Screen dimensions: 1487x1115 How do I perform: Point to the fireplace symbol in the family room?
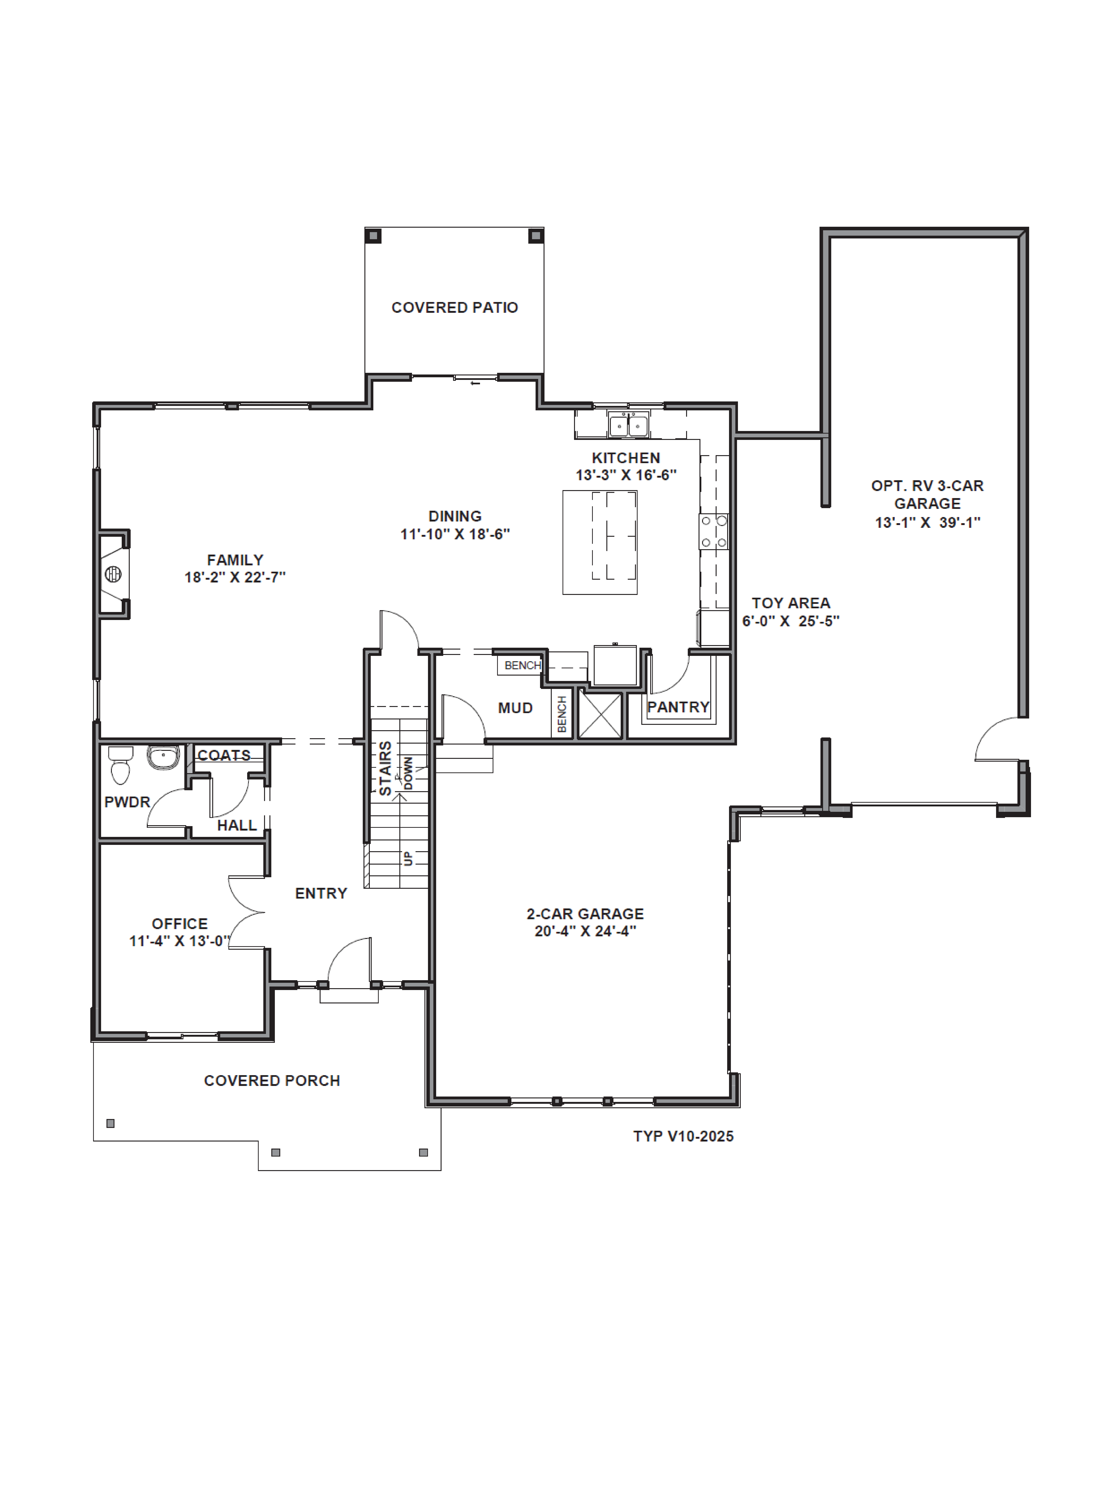tap(113, 574)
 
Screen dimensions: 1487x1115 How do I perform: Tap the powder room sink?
tap(163, 757)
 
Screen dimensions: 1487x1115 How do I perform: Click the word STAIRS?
tap(385, 768)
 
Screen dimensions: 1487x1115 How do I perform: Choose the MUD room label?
tap(516, 708)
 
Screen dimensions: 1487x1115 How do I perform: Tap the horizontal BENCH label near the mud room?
tap(522, 666)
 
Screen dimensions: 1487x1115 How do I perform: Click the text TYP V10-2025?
tap(683, 1136)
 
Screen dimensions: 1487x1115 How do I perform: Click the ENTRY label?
tap(321, 893)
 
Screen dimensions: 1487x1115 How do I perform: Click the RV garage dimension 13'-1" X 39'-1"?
tap(927, 522)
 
